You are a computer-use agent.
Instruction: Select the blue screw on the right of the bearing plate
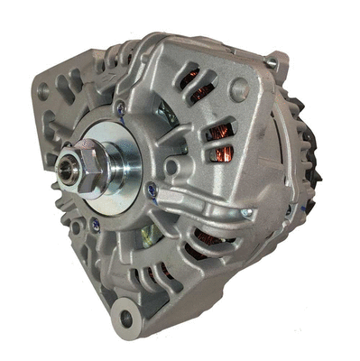click(152, 190)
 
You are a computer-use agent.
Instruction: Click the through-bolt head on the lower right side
click(245, 213)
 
